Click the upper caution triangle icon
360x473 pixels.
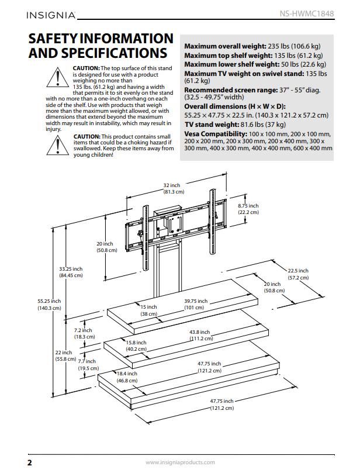pos(58,76)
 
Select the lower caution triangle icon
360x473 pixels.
pos(58,144)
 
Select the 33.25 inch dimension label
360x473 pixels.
pos(71,272)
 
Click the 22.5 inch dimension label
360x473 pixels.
pos(297,274)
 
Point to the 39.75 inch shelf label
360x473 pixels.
pos(195,304)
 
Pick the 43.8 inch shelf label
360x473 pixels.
pos(200,335)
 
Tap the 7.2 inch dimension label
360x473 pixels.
pos(84,333)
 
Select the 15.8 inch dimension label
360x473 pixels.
pos(136,346)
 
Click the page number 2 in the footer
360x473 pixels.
pos(29,462)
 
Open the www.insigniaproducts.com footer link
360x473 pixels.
pos(179,462)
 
